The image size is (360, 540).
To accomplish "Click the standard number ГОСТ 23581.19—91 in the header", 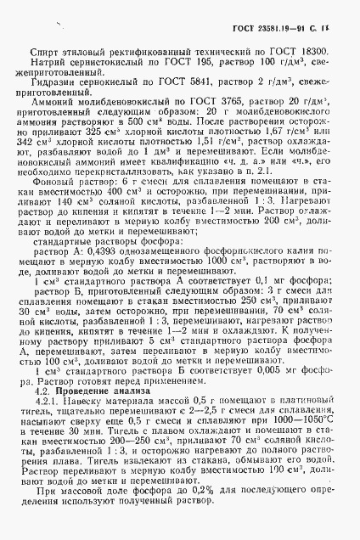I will click(270, 29).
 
